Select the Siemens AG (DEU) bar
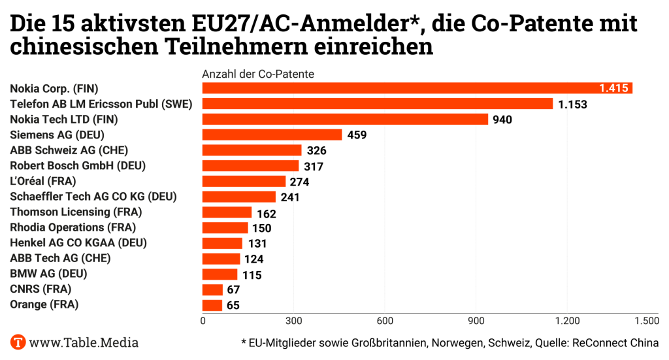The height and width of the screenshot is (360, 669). pyautogui.click(x=272, y=135)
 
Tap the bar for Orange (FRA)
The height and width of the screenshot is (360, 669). pyautogui.click(x=212, y=305)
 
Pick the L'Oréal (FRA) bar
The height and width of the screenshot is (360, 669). pyautogui.click(x=244, y=181)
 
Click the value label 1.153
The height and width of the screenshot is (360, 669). pyautogui.click(x=573, y=104)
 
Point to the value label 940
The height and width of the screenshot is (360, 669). pyautogui.click(x=502, y=120)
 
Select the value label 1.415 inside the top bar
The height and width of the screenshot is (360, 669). pyautogui.click(x=613, y=88)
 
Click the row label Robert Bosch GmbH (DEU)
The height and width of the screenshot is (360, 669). pyautogui.click(x=78, y=165)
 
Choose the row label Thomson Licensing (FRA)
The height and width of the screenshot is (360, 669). pyautogui.click(x=76, y=212)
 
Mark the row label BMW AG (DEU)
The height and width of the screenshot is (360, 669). pyautogui.click(x=48, y=274)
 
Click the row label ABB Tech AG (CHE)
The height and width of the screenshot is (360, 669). pyautogui.click(x=60, y=258)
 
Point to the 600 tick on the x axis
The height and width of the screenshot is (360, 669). pyautogui.click(x=385, y=321)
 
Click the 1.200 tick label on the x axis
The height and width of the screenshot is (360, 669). pyautogui.click(x=567, y=321)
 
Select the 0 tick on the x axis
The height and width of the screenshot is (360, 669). pyautogui.click(x=203, y=321)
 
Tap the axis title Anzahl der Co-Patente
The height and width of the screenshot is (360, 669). pyautogui.click(x=258, y=74)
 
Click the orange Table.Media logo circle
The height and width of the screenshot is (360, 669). pyautogui.click(x=18, y=342)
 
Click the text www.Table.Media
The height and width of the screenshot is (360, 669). pyautogui.click(x=84, y=342)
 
